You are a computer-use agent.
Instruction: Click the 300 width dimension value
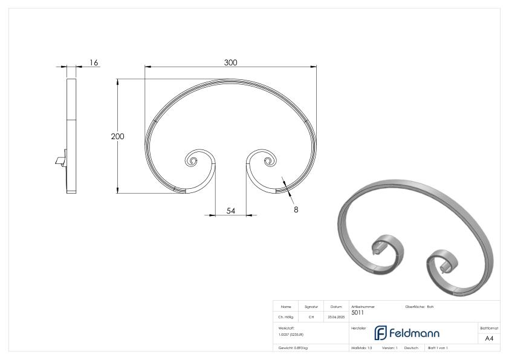230,63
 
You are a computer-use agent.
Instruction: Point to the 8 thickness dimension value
296,209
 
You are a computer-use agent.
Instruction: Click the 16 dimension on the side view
94,62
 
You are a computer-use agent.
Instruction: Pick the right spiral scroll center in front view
268,161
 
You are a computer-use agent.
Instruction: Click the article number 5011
357,313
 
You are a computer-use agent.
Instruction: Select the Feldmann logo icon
381,333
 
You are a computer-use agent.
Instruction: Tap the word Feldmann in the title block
415,333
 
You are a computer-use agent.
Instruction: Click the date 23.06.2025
336,316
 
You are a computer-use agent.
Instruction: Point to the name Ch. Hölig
285,316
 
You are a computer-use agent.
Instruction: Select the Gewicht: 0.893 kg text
293,349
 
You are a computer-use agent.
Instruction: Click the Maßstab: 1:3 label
362,349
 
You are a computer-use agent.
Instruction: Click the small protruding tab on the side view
60,161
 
